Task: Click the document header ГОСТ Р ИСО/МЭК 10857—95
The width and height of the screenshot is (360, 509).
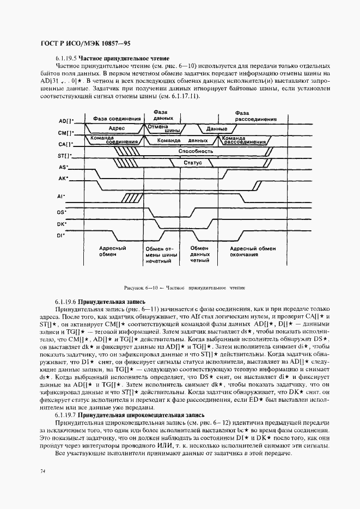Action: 86,44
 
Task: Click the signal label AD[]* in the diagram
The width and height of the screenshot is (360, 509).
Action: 66,120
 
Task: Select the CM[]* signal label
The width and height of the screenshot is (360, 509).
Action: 66,133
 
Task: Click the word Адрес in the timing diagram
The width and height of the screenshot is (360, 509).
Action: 117,128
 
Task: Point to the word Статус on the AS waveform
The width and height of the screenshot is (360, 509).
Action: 193,163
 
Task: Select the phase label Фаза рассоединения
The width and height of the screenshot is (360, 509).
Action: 249,115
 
